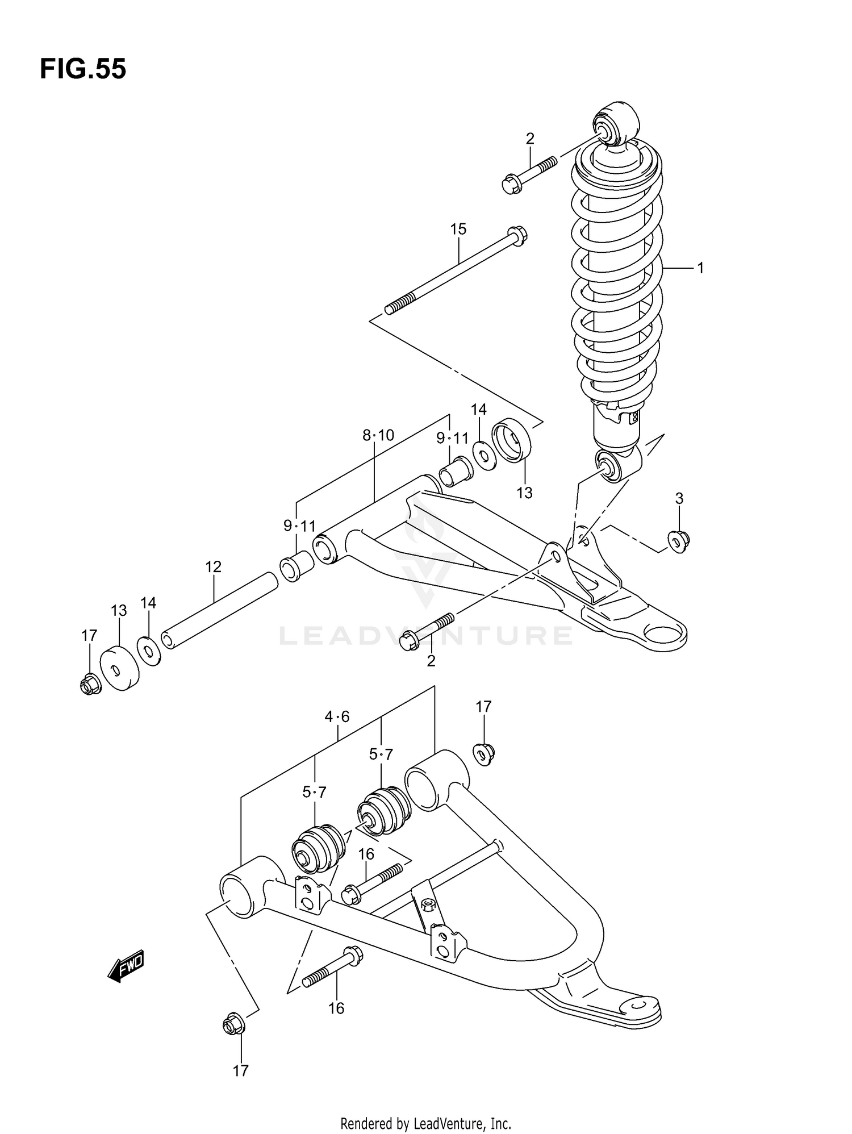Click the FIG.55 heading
point(83,69)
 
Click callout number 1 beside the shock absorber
point(700,268)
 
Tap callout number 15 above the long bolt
point(458,229)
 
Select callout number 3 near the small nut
point(679,498)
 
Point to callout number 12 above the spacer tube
point(213,566)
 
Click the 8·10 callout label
point(378,435)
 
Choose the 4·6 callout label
point(337,717)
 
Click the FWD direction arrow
point(126,966)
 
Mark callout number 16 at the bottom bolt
point(336,1008)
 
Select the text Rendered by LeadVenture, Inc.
point(425,1123)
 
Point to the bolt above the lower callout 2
point(426,631)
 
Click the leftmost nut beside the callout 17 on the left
point(90,685)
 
